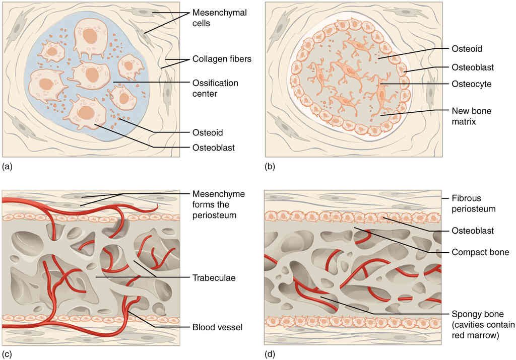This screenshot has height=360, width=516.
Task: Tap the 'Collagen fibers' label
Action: click(x=222, y=59)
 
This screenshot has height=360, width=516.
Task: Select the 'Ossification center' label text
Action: click(x=215, y=87)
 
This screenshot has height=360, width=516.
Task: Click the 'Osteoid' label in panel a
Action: click(x=208, y=132)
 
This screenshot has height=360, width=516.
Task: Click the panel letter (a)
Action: click(x=7, y=165)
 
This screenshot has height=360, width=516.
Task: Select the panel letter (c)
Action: click(x=7, y=354)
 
